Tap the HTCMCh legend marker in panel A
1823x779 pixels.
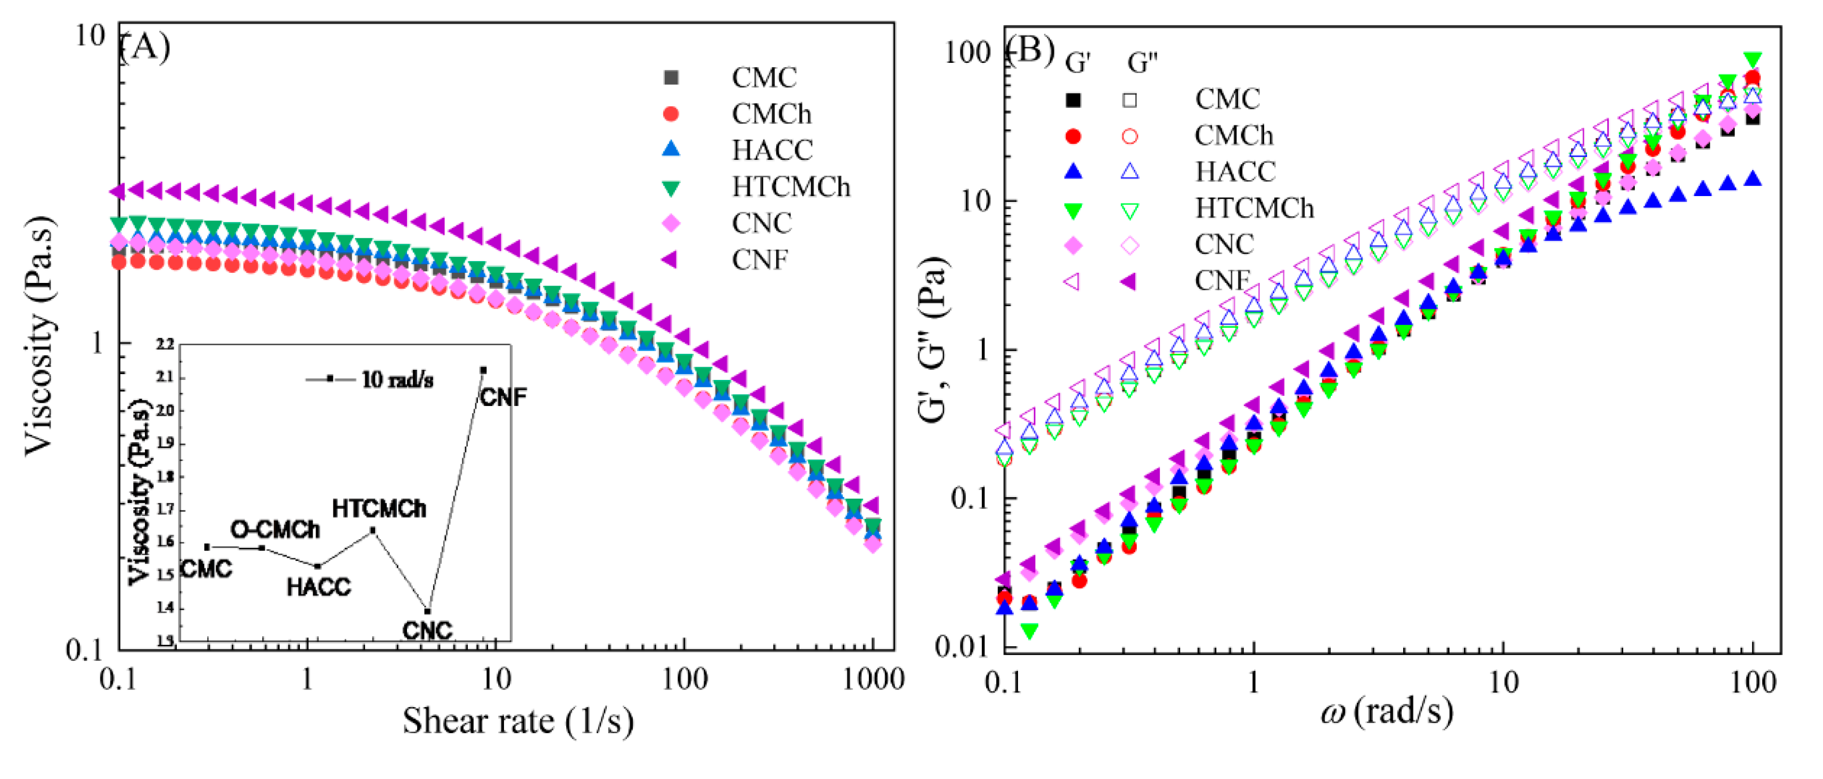[x=670, y=188]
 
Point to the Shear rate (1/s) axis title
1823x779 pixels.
[x=518, y=721]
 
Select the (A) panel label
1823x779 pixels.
[x=145, y=47]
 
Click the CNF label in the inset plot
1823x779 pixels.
[x=503, y=397]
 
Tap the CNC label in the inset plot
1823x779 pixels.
[x=427, y=630]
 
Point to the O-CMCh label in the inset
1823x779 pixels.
[x=275, y=529]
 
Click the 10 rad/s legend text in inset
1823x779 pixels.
[x=397, y=380]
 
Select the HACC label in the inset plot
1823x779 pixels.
[x=319, y=587]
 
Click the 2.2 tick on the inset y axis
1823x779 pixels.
[x=165, y=345]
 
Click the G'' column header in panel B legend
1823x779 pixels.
[x=1142, y=63]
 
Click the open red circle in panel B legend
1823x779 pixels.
[x=1129, y=136]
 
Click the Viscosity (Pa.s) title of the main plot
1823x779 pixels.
[x=40, y=336]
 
